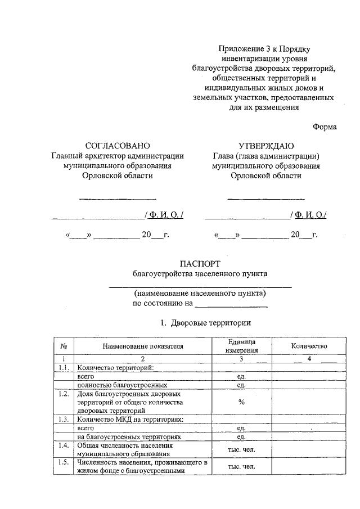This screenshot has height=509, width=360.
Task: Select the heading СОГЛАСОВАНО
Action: [x=118, y=146]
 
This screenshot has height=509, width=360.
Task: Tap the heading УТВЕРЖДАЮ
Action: [x=265, y=146]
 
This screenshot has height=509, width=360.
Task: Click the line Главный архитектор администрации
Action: [x=118, y=156]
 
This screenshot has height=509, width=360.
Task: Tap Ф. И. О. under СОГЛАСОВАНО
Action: [x=164, y=214]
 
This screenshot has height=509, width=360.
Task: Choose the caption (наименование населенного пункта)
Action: [x=200, y=294]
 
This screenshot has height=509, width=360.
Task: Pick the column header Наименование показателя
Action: [x=143, y=346]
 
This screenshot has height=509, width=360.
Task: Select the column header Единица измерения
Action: [x=242, y=346]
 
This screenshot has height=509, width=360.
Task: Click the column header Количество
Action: [x=309, y=346]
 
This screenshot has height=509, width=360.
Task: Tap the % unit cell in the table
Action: [x=242, y=402]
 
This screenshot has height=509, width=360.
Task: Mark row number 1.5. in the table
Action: [x=64, y=463]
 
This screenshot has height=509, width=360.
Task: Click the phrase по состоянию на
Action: [x=162, y=304]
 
